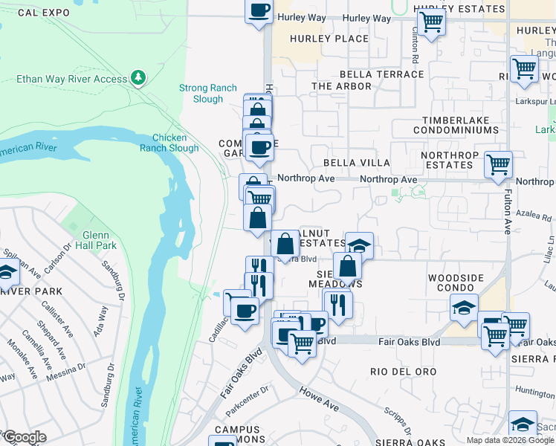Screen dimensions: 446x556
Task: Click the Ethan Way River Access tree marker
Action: [x=138, y=77]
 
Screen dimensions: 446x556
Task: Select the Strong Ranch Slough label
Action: [x=201, y=93]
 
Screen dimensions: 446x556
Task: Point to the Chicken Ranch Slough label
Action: [x=175, y=143]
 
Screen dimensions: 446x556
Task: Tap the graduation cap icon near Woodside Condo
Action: [x=464, y=307]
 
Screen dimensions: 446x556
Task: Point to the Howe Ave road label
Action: [x=320, y=398]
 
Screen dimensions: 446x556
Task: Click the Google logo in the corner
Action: [x=24, y=437]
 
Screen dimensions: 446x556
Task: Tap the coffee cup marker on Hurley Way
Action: [x=259, y=10]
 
